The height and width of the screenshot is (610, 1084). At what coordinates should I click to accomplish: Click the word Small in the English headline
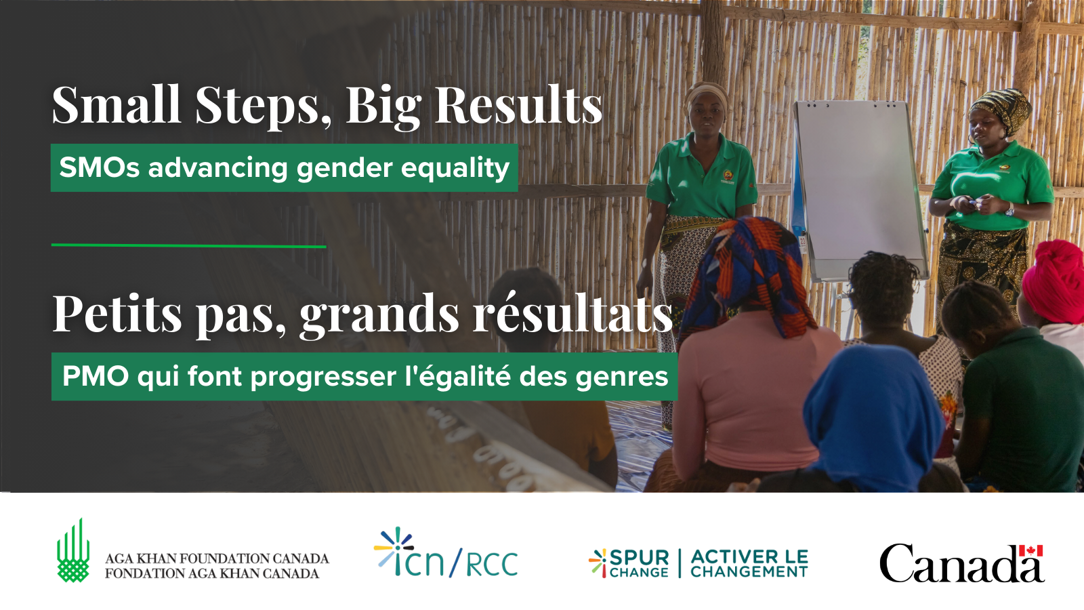click(117, 104)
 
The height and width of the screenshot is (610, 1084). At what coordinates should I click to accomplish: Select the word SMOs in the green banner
click(100, 168)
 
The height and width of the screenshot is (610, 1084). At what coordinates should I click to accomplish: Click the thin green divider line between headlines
click(189, 246)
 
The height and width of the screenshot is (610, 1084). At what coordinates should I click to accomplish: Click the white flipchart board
click(861, 189)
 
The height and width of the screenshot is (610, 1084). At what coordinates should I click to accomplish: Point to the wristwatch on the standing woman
click(1009, 209)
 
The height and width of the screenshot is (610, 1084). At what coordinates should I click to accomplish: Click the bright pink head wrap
click(1055, 280)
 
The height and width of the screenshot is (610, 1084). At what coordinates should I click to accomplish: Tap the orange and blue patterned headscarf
click(745, 276)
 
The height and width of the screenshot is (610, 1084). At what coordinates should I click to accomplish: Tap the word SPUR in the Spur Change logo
click(640, 556)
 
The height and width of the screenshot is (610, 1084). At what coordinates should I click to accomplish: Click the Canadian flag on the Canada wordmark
click(1030, 551)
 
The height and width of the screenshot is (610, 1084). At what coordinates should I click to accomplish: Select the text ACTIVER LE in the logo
click(749, 556)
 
